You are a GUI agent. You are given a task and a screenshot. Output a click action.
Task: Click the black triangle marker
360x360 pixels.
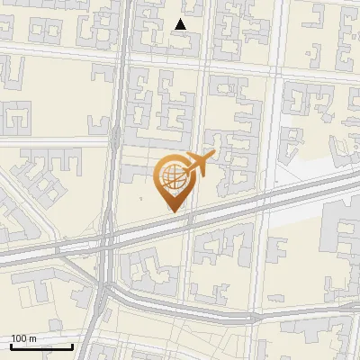(181, 24)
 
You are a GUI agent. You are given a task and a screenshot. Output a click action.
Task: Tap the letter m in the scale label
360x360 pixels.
(33, 338)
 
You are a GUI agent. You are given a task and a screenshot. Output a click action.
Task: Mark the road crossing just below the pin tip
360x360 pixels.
(188, 222)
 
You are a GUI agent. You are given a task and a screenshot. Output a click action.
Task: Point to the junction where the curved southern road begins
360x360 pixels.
(109, 286)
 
